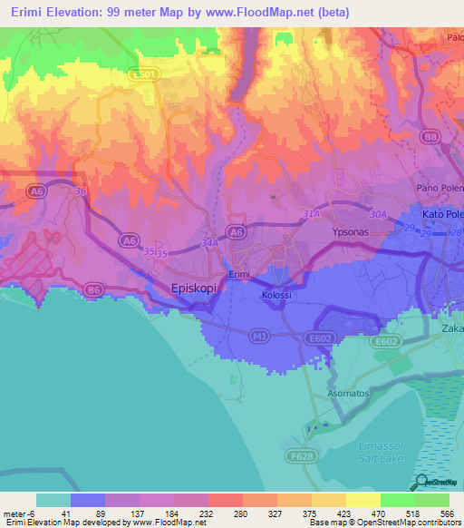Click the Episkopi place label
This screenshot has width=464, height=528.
point(198,288)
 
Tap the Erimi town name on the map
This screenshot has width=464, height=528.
point(238,274)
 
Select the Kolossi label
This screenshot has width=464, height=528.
point(275,296)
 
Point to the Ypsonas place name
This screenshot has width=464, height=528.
point(343,231)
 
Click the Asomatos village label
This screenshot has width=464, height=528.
point(347,393)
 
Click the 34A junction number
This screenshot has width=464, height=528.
point(209,243)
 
